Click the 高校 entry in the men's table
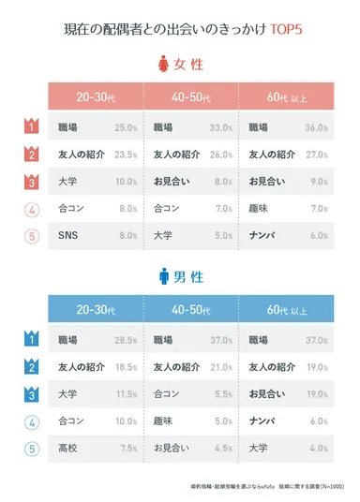[67, 447]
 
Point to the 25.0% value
[126, 126]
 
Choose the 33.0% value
[220, 126]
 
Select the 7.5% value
[127, 447]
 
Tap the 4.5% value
[222, 447]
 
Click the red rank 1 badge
[30, 126]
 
